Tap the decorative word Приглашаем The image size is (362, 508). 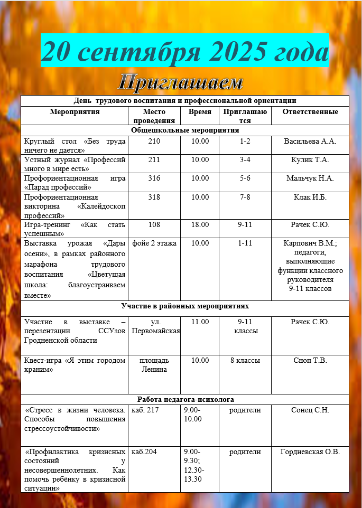click(181, 82)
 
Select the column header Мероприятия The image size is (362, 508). click(75, 112)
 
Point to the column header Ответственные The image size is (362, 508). click(310, 112)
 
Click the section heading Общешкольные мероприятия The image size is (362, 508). click(185, 130)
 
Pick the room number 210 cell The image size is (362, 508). click(154, 141)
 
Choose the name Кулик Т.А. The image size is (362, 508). click(310, 159)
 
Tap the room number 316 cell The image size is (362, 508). click(154, 178)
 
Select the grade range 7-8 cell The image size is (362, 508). click(245, 196)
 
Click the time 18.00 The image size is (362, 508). click(200, 225)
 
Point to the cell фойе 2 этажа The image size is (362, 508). click(154, 243)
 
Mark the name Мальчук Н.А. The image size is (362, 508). click(310, 178)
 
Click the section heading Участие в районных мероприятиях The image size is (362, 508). click(185, 306)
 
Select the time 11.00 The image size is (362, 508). click(200, 322)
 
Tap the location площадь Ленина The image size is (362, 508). click(154, 365)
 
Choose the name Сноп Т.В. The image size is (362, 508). click(310, 361)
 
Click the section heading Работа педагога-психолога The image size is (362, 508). click(185, 399)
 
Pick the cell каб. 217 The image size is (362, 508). click(144, 410)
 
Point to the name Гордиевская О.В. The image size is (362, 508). click(310, 451)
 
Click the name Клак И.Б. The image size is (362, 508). click(310, 196)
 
